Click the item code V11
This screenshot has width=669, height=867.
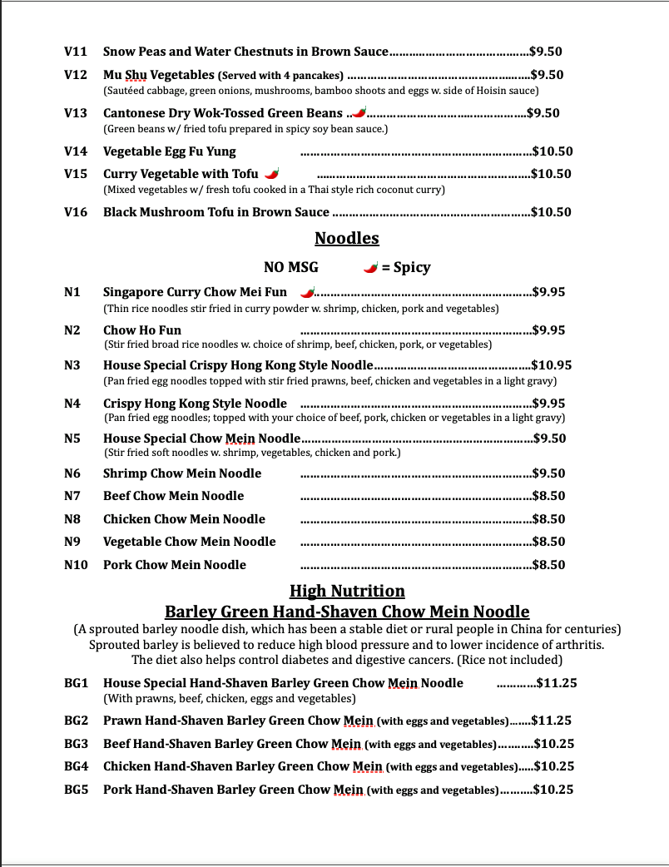pyautogui.click(x=76, y=52)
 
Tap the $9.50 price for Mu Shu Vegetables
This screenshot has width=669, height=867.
pyautogui.click(x=547, y=75)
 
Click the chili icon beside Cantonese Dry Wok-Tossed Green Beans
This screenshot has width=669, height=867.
pyautogui.click(x=359, y=112)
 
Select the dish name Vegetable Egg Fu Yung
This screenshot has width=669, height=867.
pyautogui.click(x=170, y=151)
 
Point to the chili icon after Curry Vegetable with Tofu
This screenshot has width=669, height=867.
pyautogui.click(x=272, y=174)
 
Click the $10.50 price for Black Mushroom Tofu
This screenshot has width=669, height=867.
pyautogui.click(x=552, y=212)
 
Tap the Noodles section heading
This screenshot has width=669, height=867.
pyautogui.click(x=347, y=239)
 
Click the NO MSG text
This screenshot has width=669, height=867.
pyautogui.click(x=290, y=267)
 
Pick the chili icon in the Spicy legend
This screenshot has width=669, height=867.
pyautogui.click(x=371, y=267)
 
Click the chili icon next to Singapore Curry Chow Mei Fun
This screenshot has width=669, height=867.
pyautogui.click(x=308, y=292)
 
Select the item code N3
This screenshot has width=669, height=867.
pyautogui.click(x=72, y=365)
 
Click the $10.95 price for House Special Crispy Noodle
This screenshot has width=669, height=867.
pyautogui.click(x=552, y=365)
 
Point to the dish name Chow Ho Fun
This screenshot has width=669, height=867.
pyautogui.click(x=142, y=330)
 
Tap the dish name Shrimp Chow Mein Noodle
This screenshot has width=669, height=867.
pyautogui.click(x=182, y=473)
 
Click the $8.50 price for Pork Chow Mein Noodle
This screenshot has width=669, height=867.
pyautogui.click(x=549, y=565)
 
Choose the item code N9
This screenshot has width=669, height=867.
pyautogui.click(x=72, y=542)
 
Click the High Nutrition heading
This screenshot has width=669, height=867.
pyautogui.click(x=347, y=592)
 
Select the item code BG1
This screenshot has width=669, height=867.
pyautogui.click(x=77, y=683)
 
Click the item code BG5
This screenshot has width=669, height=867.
pyautogui.click(x=77, y=790)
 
